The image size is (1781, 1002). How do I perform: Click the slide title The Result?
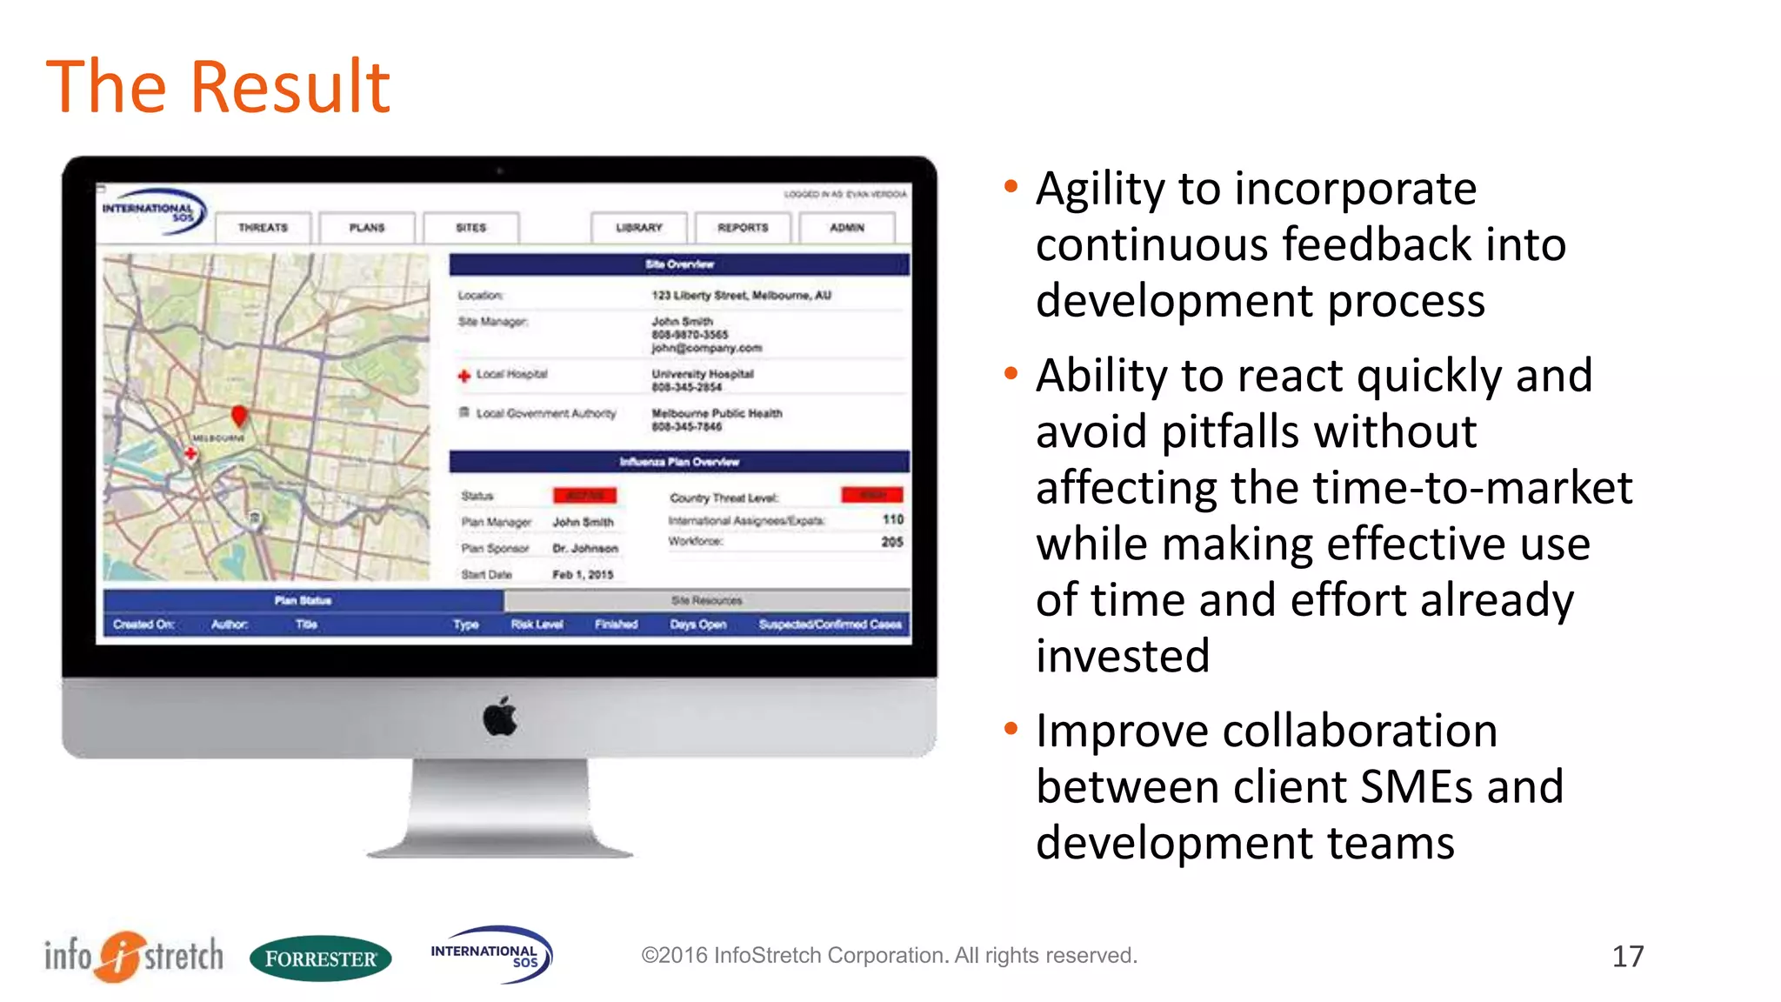(217, 87)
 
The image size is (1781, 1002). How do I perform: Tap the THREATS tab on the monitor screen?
(263, 228)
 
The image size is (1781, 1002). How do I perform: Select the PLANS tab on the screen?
(367, 228)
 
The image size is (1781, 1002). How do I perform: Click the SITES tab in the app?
(470, 228)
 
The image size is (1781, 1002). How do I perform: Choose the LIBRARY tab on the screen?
(639, 228)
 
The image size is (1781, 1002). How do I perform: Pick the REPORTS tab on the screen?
(743, 228)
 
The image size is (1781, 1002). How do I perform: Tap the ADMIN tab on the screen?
(847, 228)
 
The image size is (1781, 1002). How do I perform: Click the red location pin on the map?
(239, 415)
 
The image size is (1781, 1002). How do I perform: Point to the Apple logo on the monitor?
(500, 717)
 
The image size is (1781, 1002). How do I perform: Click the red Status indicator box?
(584, 496)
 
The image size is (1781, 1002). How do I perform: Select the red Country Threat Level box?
(872, 495)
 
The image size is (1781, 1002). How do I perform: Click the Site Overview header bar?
(679, 264)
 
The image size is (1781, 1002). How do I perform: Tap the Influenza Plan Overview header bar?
(679, 462)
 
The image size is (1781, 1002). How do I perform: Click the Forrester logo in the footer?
(320, 959)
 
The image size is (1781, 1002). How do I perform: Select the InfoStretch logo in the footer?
(134, 956)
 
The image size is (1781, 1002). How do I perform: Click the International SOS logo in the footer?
(490, 954)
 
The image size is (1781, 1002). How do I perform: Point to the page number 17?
(1627, 957)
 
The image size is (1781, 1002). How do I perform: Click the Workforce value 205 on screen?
(891, 542)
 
